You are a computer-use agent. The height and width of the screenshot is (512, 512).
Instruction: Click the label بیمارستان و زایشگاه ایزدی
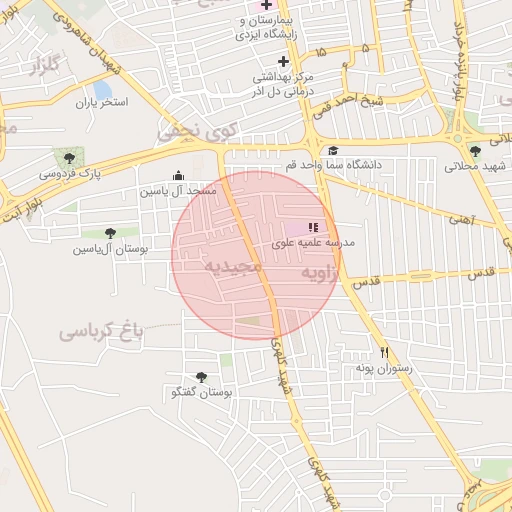(x=267, y=27)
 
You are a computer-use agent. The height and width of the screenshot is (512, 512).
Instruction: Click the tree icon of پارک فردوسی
(x=69, y=157)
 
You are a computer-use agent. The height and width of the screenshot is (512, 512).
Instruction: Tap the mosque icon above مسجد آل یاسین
(x=178, y=175)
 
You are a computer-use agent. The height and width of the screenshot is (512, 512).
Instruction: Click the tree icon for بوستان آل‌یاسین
(x=110, y=233)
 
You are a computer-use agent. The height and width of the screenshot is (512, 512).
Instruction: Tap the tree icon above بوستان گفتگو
(x=202, y=377)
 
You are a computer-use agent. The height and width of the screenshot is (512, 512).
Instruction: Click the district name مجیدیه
(x=233, y=267)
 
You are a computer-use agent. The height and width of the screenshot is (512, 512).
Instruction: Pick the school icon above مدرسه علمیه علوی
(x=313, y=227)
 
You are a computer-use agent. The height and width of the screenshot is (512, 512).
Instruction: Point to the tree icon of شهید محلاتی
(x=475, y=150)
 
